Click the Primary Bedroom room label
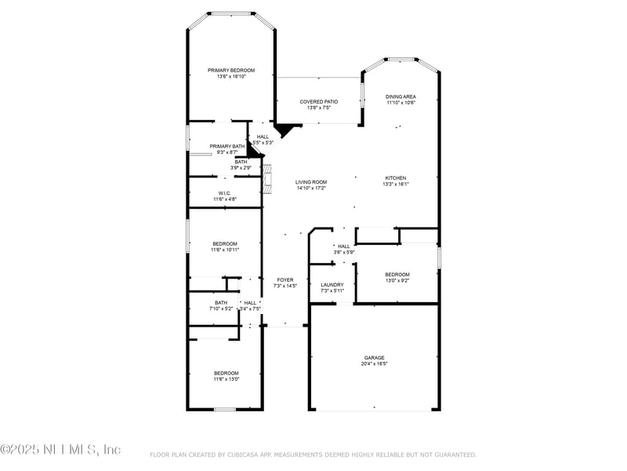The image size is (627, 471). pyautogui.click(x=231, y=71)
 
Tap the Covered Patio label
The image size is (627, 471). pyautogui.click(x=319, y=102)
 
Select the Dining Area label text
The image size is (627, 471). pyautogui.click(x=400, y=97)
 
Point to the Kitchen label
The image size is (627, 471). pyautogui.click(x=397, y=178)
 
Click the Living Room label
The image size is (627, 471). pyautogui.click(x=310, y=182)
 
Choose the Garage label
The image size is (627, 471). pyautogui.click(x=374, y=357)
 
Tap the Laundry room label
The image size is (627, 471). pyautogui.click(x=332, y=285)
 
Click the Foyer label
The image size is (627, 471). pyautogui.click(x=284, y=279)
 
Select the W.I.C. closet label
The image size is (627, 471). pyautogui.click(x=225, y=193)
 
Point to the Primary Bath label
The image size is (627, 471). pyautogui.click(x=227, y=146)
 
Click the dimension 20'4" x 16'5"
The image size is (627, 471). pyautogui.click(x=375, y=363)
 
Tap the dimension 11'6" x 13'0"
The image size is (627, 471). pyautogui.click(x=227, y=379)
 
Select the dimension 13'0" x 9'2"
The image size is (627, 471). pyautogui.click(x=397, y=280)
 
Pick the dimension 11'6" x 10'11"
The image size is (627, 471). pyautogui.click(x=225, y=250)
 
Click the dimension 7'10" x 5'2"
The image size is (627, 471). pyautogui.click(x=221, y=309)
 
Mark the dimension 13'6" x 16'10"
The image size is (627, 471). pyautogui.click(x=231, y=77)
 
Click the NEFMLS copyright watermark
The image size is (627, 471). pyautogui.click(x=60, y=450)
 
